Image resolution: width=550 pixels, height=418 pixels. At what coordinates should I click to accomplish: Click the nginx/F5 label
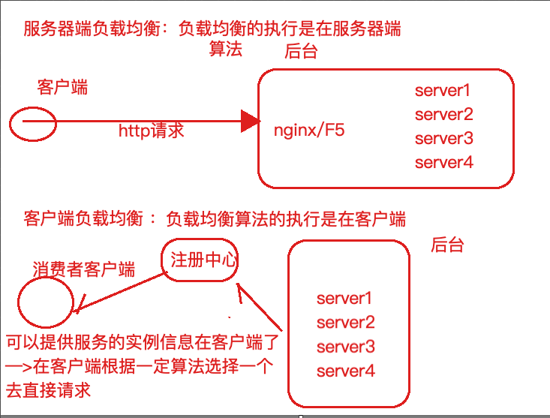310,131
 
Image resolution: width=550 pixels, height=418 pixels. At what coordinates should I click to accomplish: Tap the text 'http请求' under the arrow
151,131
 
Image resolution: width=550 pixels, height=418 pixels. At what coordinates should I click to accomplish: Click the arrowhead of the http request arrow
250,120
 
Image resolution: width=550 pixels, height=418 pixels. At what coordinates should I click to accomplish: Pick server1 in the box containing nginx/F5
443,91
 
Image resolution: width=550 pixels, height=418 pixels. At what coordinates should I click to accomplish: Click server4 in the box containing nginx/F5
443,161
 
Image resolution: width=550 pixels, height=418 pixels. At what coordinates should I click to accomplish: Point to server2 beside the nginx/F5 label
443,114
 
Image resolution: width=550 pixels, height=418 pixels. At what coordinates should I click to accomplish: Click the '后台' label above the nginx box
301,52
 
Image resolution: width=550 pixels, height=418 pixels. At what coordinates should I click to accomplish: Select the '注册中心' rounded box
200,260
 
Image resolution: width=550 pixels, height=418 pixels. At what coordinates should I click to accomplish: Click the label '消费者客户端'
83,268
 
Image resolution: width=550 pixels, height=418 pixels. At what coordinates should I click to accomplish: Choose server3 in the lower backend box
345,346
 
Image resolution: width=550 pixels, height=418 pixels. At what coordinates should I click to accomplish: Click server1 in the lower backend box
345,298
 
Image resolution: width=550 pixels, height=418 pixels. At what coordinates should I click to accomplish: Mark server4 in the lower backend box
345,370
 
